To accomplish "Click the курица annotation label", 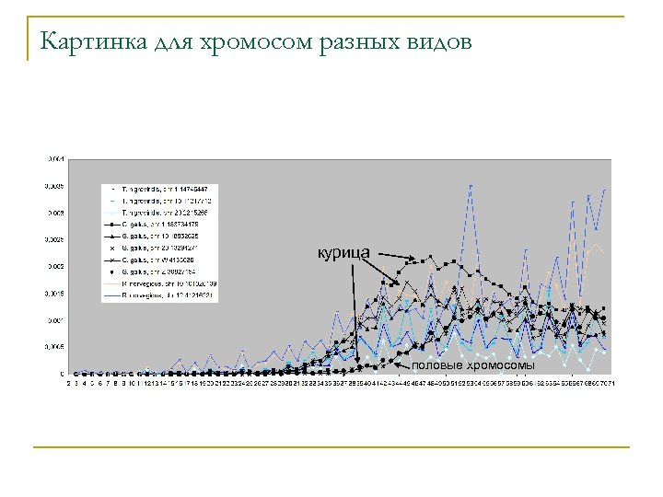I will pyautogui.click(x=343, y=252).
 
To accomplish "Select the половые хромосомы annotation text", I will pyautogui.click(x=472, y=365).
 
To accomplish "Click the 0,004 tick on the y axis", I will pyautogui.click(x=55, y=159).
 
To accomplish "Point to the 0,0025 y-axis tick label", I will pyautogui.click(x=54, y=240).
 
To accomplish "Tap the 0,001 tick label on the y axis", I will pyautogui.click(x=55, y=320).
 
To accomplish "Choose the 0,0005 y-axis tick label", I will pyautogui.click(x=54, y=347).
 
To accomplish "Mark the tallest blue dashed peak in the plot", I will pyautogui.click(x=471, y=187).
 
